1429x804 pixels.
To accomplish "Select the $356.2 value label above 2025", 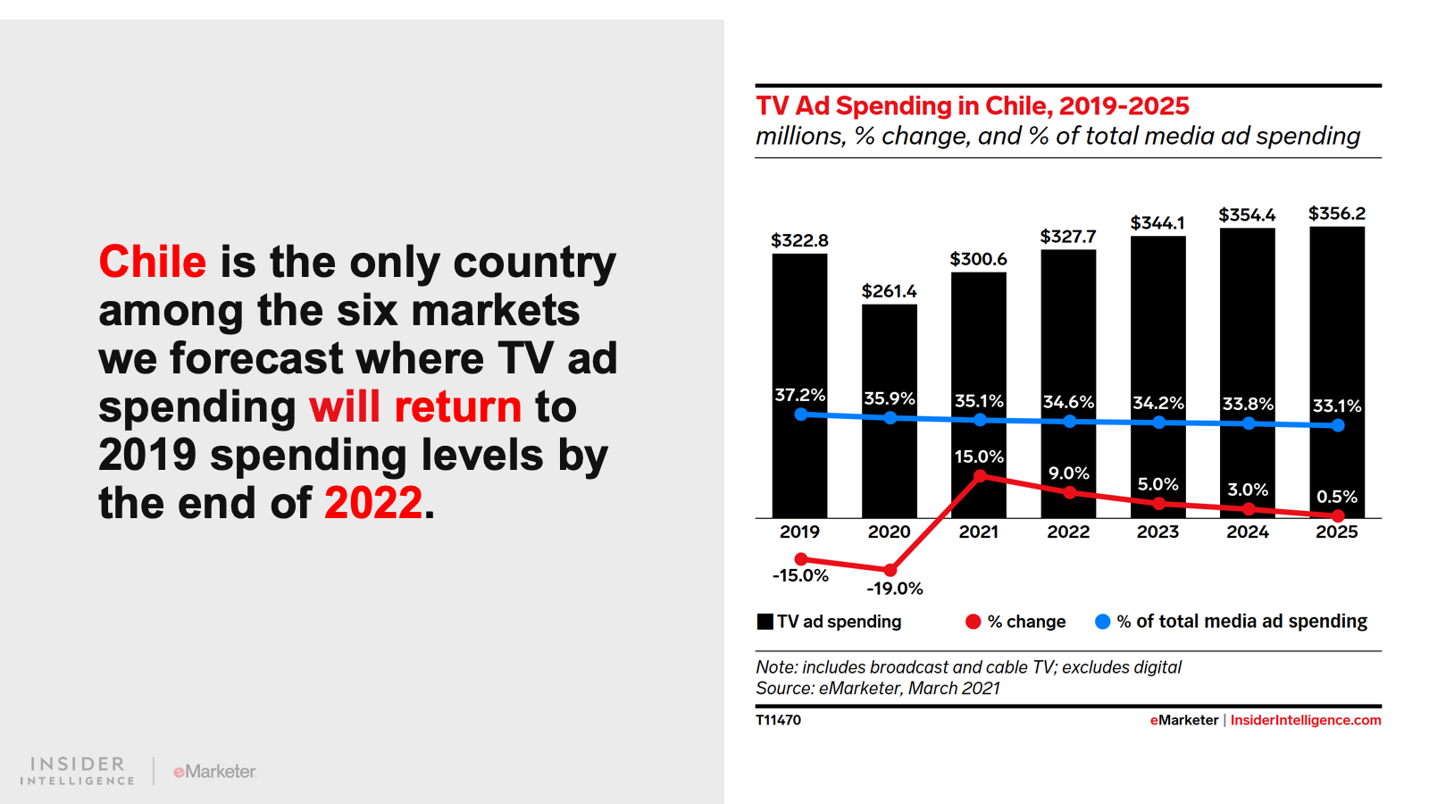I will pyautogui.click(x=1336, y=214).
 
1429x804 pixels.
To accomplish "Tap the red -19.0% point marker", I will pyautogui.click(x=890, y=569).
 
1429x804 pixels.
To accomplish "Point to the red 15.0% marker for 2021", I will pyautogui.click(x=980, y=476).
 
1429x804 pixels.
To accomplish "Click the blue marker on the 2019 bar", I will pyautogui.click(x=800, y=415).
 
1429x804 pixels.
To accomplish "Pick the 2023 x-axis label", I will pyautogui.click(x=1157, y=532).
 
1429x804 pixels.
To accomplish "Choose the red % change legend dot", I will pyautogui.click(x=973, y=622).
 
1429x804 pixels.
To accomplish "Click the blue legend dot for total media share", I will pyautogui.click(x=1102, y=622).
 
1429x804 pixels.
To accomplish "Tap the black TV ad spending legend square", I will pyautogui.click(x=765, y=622).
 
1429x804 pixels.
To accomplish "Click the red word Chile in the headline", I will pyautogui.click(x=152, y=262).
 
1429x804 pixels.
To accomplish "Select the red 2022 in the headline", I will pyautogui.click(x=372, y=503).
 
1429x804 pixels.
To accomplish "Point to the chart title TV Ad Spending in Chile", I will pyautogui.click(x=972, y=106).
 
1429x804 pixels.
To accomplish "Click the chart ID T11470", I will pyautogui.click(x=778, y=720).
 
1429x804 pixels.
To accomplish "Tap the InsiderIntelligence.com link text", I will pyautogui.click(x=1305, y=720).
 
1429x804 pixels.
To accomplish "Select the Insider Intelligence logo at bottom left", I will pyautogui.click(x=78, y=771).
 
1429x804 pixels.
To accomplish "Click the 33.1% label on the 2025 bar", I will pyautogui.click(x=1336, y=406).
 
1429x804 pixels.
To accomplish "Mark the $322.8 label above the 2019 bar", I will pyautogui.click(x=799, y=240).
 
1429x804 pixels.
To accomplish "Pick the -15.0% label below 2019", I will pyautogui.click(x=800, y=576).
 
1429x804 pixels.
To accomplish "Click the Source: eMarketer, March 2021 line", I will pyautogui.click(x=877, y=689).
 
